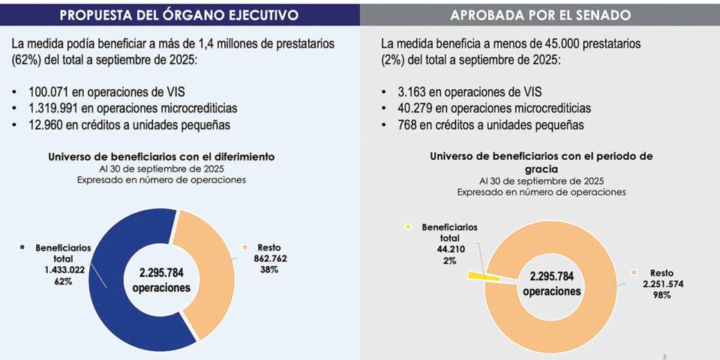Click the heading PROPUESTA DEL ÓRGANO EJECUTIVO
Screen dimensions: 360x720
pos(179,14)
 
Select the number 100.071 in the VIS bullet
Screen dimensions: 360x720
pos(50,91)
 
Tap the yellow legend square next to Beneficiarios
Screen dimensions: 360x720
pos(409,226)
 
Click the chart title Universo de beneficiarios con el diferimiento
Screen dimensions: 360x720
pos(161,157)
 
